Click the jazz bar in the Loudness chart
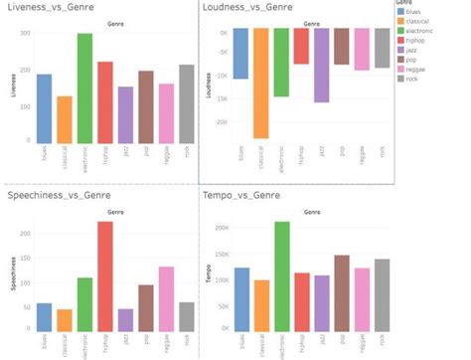(x=321, y=65)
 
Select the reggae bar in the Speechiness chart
(x=166, y=298)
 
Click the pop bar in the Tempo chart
(x=342, y=292)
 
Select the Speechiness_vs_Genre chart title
(x=58, y=196)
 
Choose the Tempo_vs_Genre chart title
(x=241, y=196)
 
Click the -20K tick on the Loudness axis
(x=221, y=121)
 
